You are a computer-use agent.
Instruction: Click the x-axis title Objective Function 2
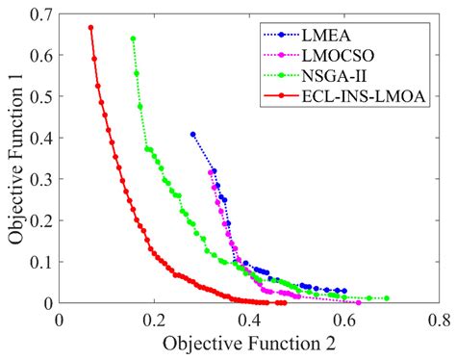click(249, 344)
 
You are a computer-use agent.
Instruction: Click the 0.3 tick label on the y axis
click(42, 179)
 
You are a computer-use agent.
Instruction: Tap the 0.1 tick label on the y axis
click(42, 262)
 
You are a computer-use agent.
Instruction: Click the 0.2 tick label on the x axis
click(155, 321)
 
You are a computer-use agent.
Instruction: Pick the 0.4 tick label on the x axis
click(250, 321)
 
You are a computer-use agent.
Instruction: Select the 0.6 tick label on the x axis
click(345, 321)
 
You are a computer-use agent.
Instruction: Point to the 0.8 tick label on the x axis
click(440, 321)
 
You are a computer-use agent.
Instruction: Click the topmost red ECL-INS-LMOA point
click(90, 27)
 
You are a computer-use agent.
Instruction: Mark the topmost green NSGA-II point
click(133, 39)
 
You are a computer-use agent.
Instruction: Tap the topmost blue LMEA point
click(192, 134)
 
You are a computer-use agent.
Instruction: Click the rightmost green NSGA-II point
click(387, 298)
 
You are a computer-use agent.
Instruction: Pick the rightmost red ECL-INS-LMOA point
click(284, 303)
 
